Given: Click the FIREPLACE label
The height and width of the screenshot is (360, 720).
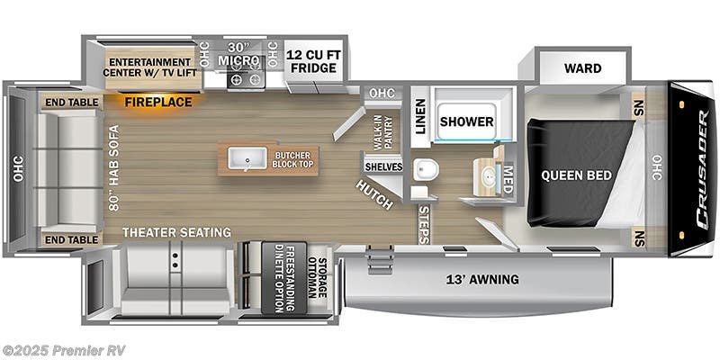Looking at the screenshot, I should coord(158,102).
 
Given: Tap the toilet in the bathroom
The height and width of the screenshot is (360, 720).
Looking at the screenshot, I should coord(425,169).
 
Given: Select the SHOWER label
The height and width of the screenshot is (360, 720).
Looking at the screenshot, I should coord(466,121).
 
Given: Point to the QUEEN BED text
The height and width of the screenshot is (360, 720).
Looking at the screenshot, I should coord(576,175).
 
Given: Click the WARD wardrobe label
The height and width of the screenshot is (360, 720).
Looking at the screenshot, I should coord(582,68).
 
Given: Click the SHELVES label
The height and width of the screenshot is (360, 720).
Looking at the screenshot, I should coord(382,166).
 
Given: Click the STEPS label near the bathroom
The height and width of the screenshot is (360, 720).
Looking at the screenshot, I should coord(425,224).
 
